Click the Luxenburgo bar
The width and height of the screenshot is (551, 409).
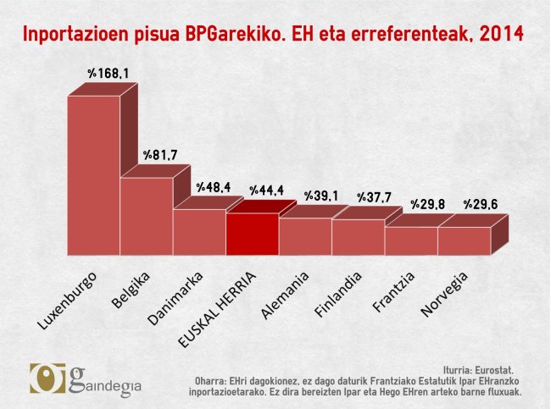(x=93, y=174)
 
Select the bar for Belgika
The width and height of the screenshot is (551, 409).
(x=146, y=215)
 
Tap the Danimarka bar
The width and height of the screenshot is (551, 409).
(x=199, y=232)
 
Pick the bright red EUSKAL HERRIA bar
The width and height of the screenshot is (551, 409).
(x=252, y=234)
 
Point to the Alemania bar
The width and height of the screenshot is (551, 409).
(x=305, y=236)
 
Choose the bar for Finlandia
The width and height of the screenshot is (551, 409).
(x=358, y=237)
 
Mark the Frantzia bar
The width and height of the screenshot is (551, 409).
(x=411, y=240)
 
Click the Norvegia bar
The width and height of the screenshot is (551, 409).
(x=464, y=240)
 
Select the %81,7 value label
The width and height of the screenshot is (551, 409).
(x=159, y=155)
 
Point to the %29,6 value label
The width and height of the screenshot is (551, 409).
(x=481, y=204)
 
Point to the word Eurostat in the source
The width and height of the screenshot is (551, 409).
(x=494, y=370)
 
